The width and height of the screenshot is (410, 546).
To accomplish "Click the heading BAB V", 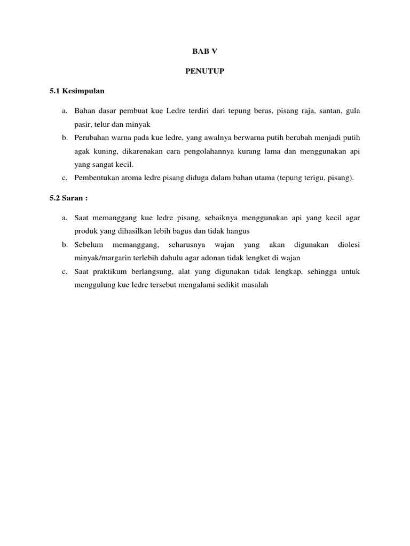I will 205,52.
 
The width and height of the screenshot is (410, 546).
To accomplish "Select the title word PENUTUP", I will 205,72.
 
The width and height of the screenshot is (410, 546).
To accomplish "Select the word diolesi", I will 349,245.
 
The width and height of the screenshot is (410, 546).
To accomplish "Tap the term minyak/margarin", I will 100,258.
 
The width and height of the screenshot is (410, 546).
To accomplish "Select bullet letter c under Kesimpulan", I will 64,178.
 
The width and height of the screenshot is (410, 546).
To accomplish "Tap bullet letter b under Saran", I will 64,245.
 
